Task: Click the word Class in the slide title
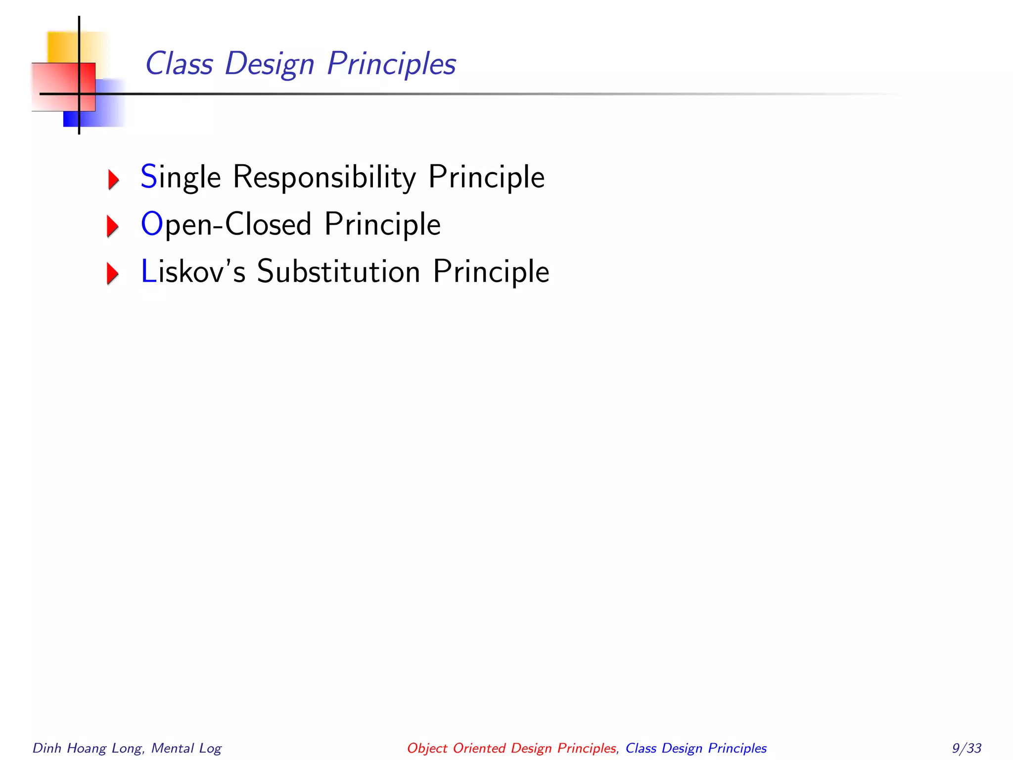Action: pos(179,64)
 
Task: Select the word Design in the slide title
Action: pos(270,65)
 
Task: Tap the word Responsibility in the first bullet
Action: pos(324,177)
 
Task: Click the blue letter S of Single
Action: pos(149,177)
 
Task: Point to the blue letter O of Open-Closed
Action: pos(152,224)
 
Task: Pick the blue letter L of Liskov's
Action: pos(148,272)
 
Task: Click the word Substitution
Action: pos(338,272)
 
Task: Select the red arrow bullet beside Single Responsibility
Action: pos(113,179)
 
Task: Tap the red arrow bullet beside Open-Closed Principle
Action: pos(113,226)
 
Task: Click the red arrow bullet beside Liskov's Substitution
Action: pos(113,274)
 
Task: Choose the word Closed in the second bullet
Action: pos(268,224)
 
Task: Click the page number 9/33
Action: pos(967,748)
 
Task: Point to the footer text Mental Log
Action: pos(186,748)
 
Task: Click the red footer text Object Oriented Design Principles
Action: pos(511,748)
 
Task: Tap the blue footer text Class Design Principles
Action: pos(696,748)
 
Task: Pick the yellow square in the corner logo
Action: pos(62,47)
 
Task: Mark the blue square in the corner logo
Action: pos(106,111)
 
